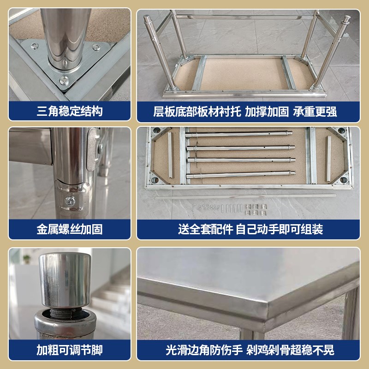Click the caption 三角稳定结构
[x=70, y=112]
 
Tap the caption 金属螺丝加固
[x=70, y=229]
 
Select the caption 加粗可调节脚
[x=70, y=350]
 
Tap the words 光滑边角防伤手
[x=204, y=350]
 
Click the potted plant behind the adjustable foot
[x=26, y=259]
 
